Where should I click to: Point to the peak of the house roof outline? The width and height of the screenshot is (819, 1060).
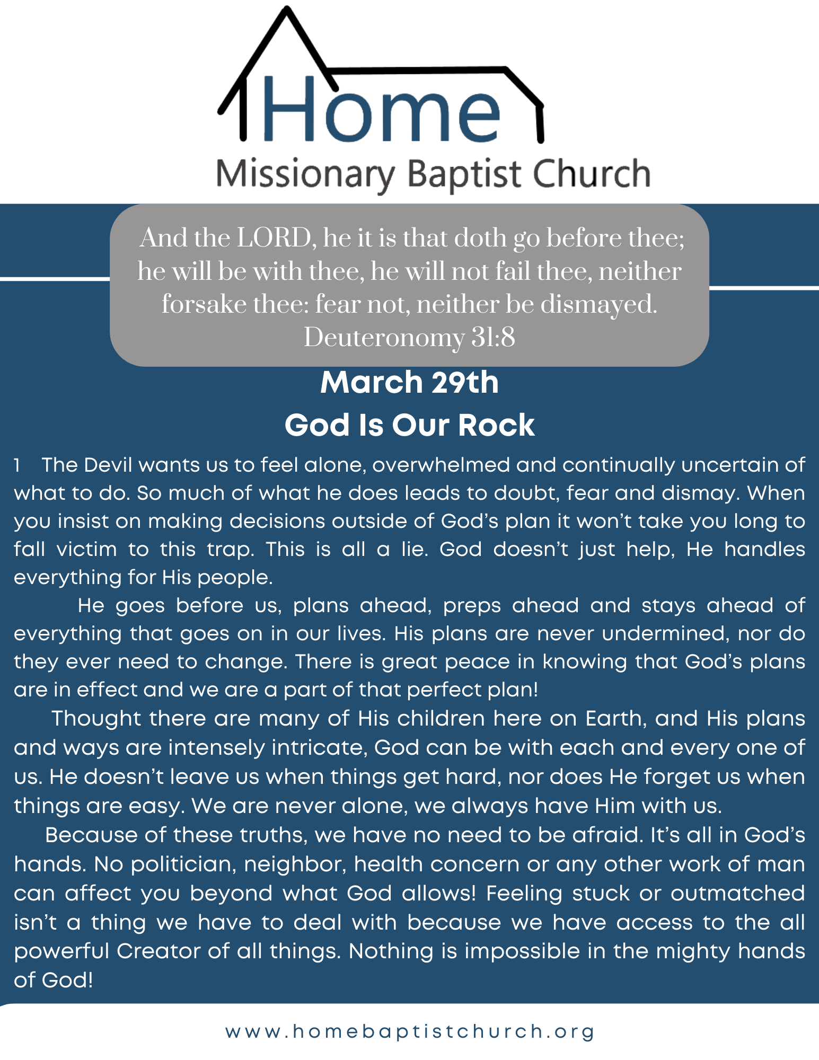pos(287,9)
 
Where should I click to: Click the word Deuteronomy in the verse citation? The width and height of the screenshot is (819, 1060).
pos(384,338)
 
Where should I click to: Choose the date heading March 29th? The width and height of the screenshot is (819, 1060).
pos(409,382)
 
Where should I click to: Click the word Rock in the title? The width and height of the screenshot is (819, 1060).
pos(496,425)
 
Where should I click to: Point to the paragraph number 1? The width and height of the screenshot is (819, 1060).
pos(17,465)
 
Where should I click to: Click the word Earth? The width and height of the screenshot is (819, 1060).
pos(615,719)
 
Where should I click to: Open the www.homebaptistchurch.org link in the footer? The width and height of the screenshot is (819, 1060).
pos(410,1031)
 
